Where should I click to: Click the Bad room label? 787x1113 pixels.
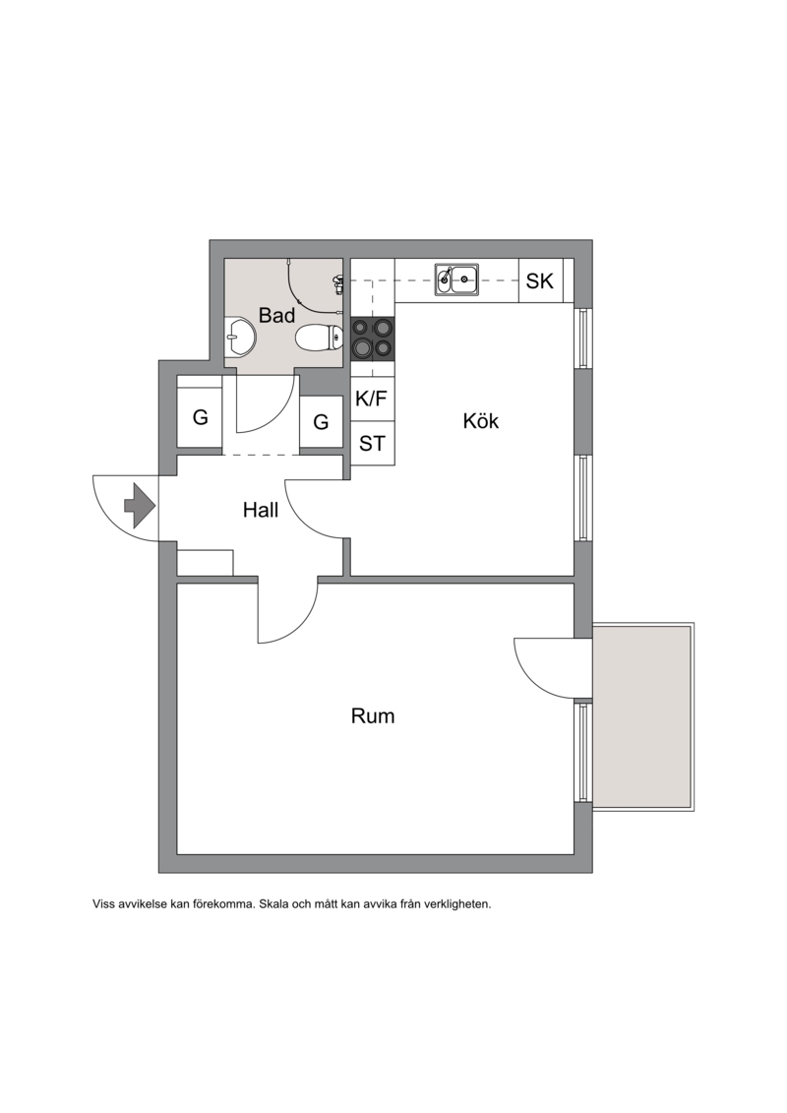(276, 315)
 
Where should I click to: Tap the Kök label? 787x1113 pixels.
(480, 420)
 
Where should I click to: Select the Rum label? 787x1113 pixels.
(373, 715)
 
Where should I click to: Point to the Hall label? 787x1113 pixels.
(261, 510)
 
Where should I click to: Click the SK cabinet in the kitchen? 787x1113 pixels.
(541, 281)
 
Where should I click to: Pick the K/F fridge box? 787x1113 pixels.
(373, 399)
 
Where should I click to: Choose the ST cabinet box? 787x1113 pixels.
(373, 444)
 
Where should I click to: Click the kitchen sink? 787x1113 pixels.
(457, 279)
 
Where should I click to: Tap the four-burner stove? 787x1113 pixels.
(373, 339)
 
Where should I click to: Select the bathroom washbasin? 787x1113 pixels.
(240, 338)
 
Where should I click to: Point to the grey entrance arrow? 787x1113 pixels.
(140, 506)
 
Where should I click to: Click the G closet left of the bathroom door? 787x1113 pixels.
(200, 417)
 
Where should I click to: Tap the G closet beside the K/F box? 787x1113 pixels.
(321, 421)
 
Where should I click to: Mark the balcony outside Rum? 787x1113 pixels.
(643, 716)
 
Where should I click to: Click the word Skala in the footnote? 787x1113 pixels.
(273, 904)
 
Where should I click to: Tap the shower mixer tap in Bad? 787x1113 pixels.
(337, 284)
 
